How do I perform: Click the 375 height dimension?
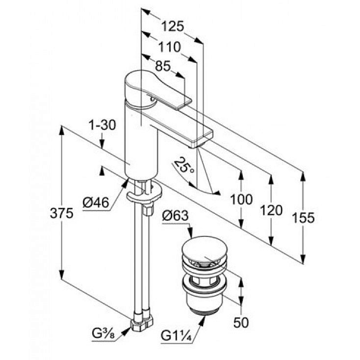click(x=62, y=213)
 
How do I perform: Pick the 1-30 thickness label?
click(x=103, y=126)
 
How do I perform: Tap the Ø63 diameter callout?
click(x=175, y=215)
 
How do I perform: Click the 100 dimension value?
click(x=241, y=200)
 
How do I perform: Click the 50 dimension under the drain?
click(x=241, y=322)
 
